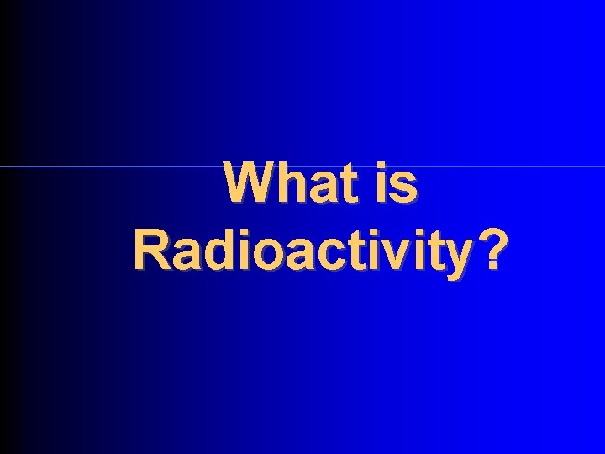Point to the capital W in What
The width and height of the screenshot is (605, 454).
247,183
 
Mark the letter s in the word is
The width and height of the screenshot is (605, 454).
404,187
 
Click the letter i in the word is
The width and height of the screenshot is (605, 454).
380,183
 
